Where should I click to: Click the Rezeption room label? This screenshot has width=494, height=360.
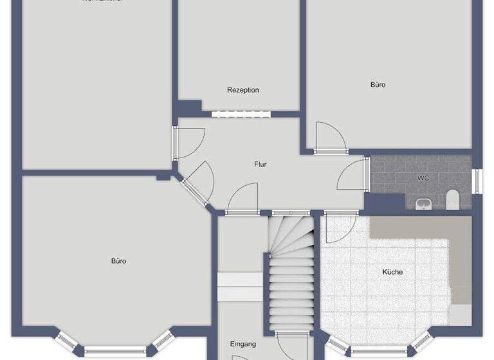242,90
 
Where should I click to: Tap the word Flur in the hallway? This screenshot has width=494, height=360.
260,165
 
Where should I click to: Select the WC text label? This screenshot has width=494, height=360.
423,177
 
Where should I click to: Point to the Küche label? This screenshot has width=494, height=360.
392,272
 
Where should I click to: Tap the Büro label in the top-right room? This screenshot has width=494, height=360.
378,84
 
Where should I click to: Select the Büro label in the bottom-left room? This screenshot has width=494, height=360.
118,261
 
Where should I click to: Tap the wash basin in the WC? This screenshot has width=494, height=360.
423,204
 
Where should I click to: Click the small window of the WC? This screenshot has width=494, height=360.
477,181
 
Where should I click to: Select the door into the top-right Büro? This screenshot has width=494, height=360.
331,138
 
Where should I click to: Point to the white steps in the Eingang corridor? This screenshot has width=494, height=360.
240,286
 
